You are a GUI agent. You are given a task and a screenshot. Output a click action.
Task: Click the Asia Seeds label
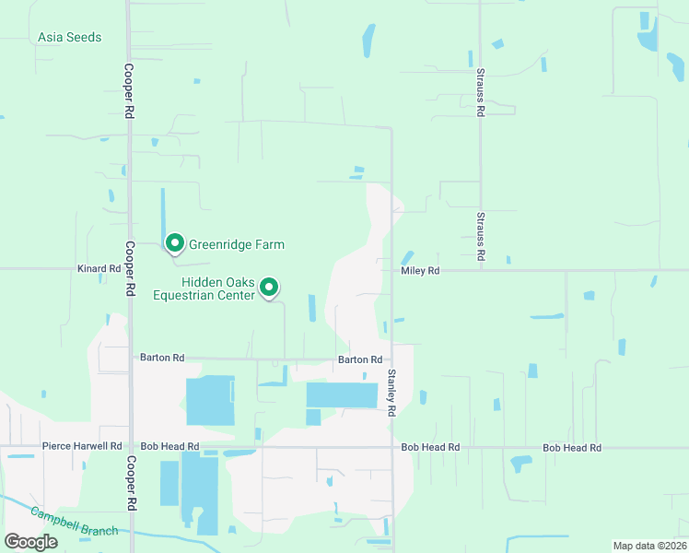[70, 38]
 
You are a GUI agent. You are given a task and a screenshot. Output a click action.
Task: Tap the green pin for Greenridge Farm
[174, 242]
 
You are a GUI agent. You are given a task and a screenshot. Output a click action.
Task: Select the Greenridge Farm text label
[237, 245]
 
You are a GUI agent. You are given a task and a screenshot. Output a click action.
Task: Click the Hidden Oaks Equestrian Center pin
[269, 288]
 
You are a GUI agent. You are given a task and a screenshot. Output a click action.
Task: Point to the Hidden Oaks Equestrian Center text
[217, 288]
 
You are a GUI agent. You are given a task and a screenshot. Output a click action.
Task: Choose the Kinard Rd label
[99, 268]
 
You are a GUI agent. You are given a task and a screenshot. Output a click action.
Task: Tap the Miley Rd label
[421, 271]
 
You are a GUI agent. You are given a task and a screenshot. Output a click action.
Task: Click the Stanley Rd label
[391, 392]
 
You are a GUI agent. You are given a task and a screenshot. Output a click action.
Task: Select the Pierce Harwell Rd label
[82, 446]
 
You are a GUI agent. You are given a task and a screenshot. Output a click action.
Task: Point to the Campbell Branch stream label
[74, 521]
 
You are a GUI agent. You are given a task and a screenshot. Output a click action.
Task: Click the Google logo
[29, 542]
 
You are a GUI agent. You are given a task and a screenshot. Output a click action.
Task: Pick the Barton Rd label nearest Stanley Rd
[360, 359]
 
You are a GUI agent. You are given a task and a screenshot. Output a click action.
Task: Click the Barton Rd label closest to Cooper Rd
[162, 357]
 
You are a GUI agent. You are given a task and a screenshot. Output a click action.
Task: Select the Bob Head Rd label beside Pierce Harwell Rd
[169, 446]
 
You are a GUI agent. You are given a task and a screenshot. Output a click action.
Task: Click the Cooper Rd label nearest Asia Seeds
[129, 90]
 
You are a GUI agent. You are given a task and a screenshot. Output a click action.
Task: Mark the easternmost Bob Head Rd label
[571, 447]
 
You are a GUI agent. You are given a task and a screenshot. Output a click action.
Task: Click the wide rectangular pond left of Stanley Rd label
[342, 395]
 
